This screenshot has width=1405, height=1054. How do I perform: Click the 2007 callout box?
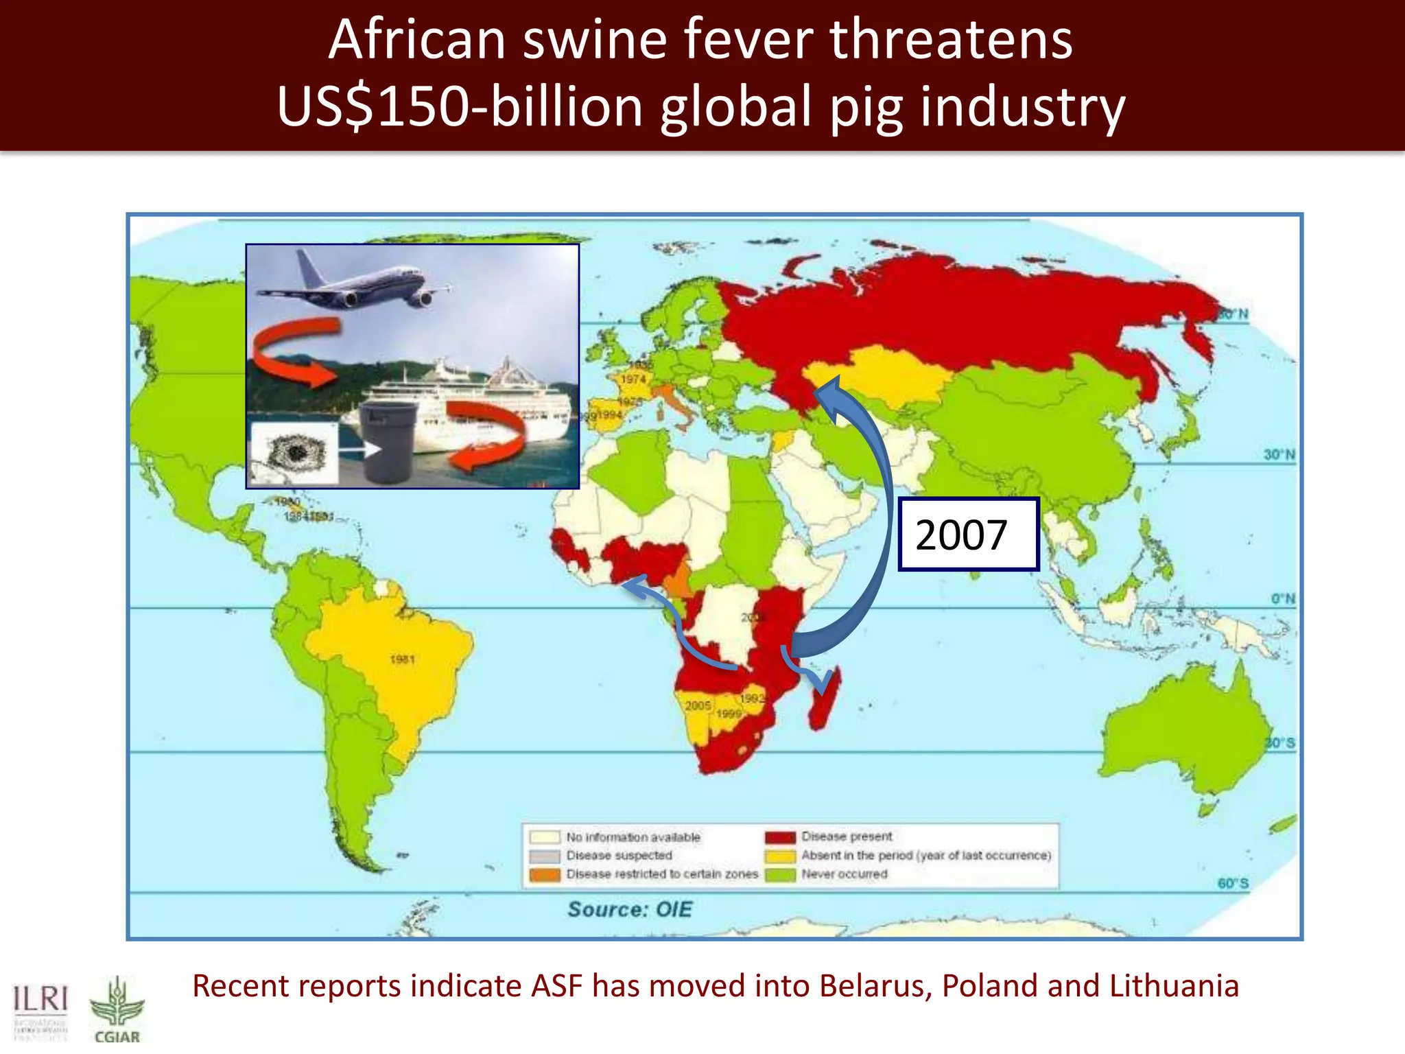[968, 535]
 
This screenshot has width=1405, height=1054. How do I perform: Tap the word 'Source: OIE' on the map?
[630, 909]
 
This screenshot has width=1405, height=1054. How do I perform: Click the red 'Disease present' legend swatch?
[780, 837]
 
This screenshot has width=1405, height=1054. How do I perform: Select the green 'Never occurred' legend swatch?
[780, 874]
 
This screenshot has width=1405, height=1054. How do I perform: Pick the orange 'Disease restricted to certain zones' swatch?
[545, 875]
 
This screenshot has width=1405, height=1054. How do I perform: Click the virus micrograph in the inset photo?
[295, 453]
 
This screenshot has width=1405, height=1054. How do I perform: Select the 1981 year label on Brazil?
[403, 659]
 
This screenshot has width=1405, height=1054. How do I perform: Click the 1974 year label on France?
[633, 379]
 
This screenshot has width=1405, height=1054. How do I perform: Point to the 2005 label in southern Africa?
[698, 705]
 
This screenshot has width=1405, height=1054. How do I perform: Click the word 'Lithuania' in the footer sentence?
[1174, 986]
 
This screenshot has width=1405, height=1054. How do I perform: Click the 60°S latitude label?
[1233, 883]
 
